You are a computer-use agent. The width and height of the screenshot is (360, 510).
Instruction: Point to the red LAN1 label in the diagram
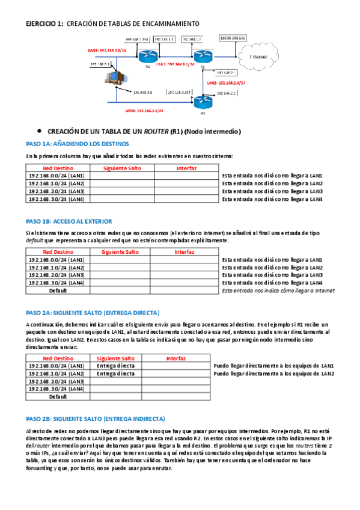click(x=110, y=51)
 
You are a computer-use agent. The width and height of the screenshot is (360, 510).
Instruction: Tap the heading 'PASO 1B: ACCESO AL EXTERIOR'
click(x=69, y=221)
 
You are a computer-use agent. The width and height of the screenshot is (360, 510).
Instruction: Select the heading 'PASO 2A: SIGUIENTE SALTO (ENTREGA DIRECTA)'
click(x=93, y=313)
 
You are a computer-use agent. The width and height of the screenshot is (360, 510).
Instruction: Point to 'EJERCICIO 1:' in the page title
click(x=45, y=23)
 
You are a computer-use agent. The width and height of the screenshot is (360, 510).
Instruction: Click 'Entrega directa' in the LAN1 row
click(x=115, y=366)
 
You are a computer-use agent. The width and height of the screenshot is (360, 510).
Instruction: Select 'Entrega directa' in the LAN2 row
click(x=115, y=373)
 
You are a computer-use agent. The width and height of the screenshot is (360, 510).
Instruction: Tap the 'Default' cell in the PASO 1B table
click(x=58, y=290)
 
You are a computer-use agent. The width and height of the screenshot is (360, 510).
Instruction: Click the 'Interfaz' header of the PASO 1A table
click(x=186, y=168)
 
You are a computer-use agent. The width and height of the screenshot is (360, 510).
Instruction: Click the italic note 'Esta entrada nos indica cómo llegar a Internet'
click(x=278, y=290)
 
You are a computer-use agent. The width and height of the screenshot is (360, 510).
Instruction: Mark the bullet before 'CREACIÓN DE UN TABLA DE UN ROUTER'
click(x=38, y=130)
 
